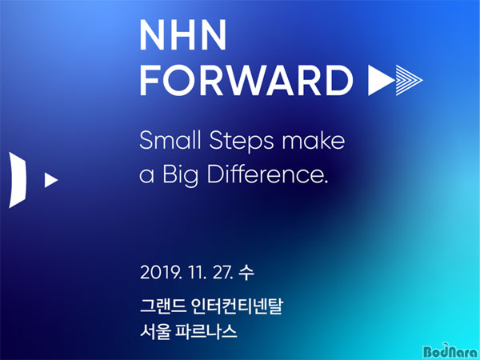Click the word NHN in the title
[182, 35]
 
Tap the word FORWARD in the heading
[246, 80]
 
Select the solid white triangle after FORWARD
[381, 80]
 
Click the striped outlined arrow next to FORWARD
[410, 80]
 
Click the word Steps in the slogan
[242, 142]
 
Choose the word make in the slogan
[313, 140]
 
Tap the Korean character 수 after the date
[246, 273]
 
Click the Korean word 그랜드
[162, 306]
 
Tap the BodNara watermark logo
[450, 351]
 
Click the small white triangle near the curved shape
[50, 180]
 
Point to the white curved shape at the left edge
[18, 180]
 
